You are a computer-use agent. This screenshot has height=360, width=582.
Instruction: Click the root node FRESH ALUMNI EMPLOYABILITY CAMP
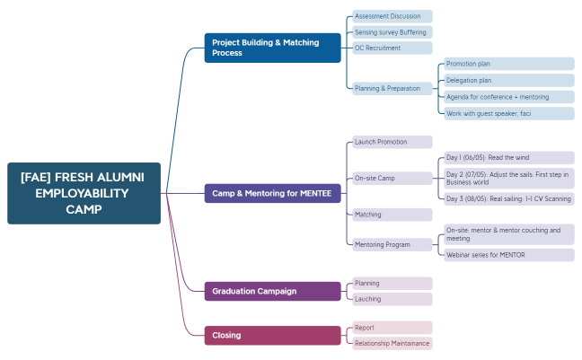click(84, 193)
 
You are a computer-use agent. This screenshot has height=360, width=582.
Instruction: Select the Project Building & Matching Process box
click(273, 48)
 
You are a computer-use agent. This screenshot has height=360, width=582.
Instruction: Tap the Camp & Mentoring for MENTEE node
click(273, 193)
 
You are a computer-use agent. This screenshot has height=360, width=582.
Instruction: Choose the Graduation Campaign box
click(273, 291)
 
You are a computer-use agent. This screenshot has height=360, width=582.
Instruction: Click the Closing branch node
click(273, 335)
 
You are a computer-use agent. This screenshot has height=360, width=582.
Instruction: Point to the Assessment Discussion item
click(392, 16)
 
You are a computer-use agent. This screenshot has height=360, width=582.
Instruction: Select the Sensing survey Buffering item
click(392, 32)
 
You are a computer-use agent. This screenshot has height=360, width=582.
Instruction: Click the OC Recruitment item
click(392, 48)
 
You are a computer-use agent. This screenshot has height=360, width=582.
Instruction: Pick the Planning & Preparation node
click(392, 88)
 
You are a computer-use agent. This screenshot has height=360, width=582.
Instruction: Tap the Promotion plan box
click(508, 64)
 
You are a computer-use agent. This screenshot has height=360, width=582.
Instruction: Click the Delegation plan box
click(508, 80)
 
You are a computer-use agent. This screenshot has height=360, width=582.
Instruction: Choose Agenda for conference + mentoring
click(508, 97)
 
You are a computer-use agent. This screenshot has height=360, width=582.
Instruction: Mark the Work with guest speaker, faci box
click(508, 113)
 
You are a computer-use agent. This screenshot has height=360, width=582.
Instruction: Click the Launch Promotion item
click(392, 142)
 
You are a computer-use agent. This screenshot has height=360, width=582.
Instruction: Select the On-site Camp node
click(392, 178)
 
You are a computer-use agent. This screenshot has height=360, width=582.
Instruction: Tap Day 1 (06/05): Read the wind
click(508, 157)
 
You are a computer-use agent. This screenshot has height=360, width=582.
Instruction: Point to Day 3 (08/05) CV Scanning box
click(508, 198)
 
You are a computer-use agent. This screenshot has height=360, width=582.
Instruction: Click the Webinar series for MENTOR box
click(508, 255)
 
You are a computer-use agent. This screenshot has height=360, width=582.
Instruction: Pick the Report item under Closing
click(392, 328)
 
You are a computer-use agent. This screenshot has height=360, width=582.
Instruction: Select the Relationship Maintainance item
click(392, 343)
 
